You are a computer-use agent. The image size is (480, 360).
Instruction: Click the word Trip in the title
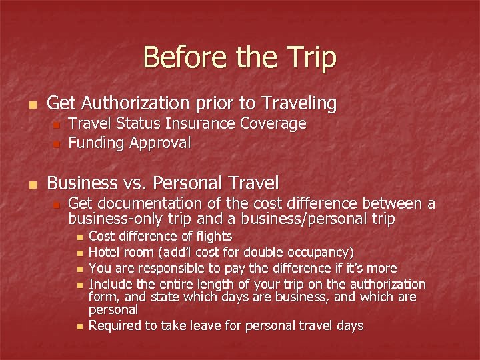(311, 57)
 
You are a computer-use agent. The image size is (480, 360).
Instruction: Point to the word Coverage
(273, 124)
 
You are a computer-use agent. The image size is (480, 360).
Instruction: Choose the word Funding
(97, 143)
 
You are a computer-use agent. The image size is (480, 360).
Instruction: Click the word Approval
(160, 143)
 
